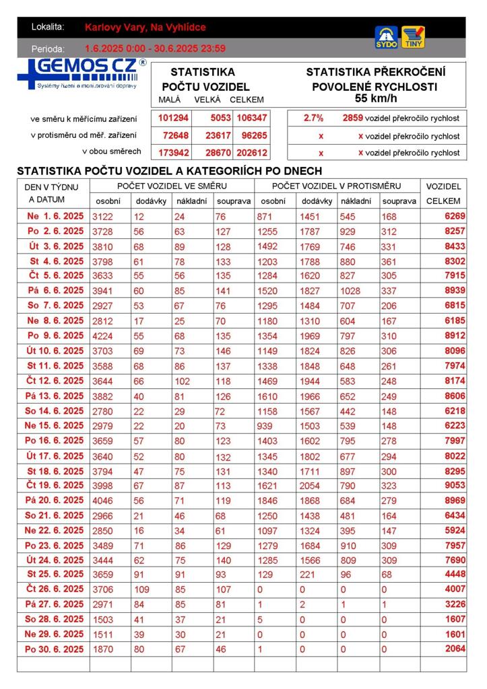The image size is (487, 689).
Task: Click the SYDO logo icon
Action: coord(386,38)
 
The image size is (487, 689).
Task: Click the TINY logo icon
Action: coord(413,37)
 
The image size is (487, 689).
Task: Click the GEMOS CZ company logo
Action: coord(81,73)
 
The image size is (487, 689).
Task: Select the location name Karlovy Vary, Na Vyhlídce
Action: coord(145,28)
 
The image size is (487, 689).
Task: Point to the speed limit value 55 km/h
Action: coord(376,98)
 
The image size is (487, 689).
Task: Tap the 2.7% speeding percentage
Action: coord(313,118)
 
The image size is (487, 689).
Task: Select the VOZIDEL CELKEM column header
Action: coord(444,193)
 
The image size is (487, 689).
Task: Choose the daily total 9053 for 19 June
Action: coord(455,485)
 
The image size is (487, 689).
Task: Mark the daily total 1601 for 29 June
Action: coord(455,634)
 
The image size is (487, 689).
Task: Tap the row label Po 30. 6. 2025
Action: coord(54,649)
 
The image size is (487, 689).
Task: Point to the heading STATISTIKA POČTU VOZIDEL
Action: coord(205,79)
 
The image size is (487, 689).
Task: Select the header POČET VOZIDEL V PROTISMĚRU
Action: coord(336,186)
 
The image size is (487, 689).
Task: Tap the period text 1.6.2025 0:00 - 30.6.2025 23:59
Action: coord(155,48)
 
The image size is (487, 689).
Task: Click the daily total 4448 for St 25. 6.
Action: coord(455,575)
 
